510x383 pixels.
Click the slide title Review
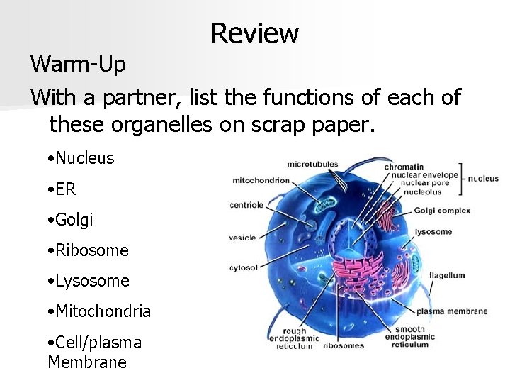[x=254, y=33]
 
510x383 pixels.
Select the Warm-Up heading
[x=78, y=65]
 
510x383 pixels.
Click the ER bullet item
[x=62, y=189]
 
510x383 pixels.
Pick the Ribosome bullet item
[x=88, y=250]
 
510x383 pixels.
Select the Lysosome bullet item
[x=89, y=281]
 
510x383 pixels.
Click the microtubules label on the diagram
[x=312, y=165]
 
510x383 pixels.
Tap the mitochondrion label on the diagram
[x=261, y=180]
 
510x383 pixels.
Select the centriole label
[x=246, y=206]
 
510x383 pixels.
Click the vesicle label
[x=242, y=238]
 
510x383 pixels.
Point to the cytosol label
[x=243, y=268]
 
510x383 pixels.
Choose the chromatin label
[x=404, y=167]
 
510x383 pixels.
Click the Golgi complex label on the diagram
[x=442, y=211]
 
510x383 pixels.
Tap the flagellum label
[x=447, y=275]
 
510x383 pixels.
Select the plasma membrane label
[x=452, y=311]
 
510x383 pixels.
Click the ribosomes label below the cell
[x=344, y=346]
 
